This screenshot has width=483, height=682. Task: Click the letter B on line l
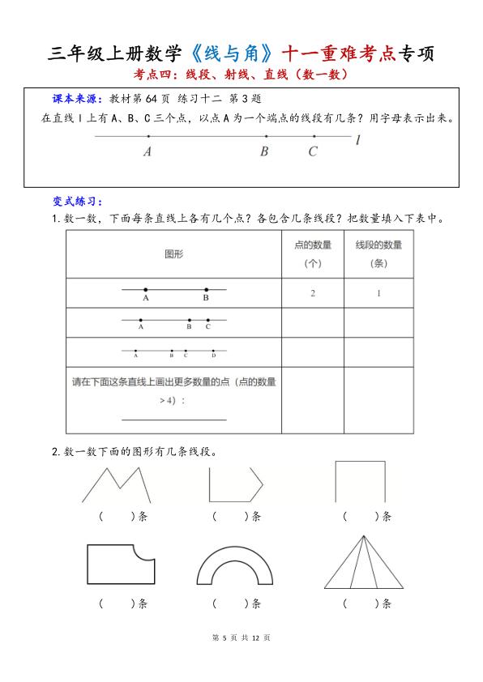[264, 151]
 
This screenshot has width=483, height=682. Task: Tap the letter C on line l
[313, 151]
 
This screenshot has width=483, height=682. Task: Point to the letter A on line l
[147, 151]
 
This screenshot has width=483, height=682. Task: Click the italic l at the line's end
[357, 139]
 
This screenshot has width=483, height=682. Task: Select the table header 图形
[173, 254]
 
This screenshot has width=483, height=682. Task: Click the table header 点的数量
[313, 245]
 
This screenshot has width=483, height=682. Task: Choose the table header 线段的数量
[378, 245]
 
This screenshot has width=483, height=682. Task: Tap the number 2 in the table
[313, 293]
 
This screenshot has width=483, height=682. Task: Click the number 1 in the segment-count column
[378, 293]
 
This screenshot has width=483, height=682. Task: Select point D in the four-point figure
[214, 354]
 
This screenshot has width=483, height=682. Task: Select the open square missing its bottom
[360, 481]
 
